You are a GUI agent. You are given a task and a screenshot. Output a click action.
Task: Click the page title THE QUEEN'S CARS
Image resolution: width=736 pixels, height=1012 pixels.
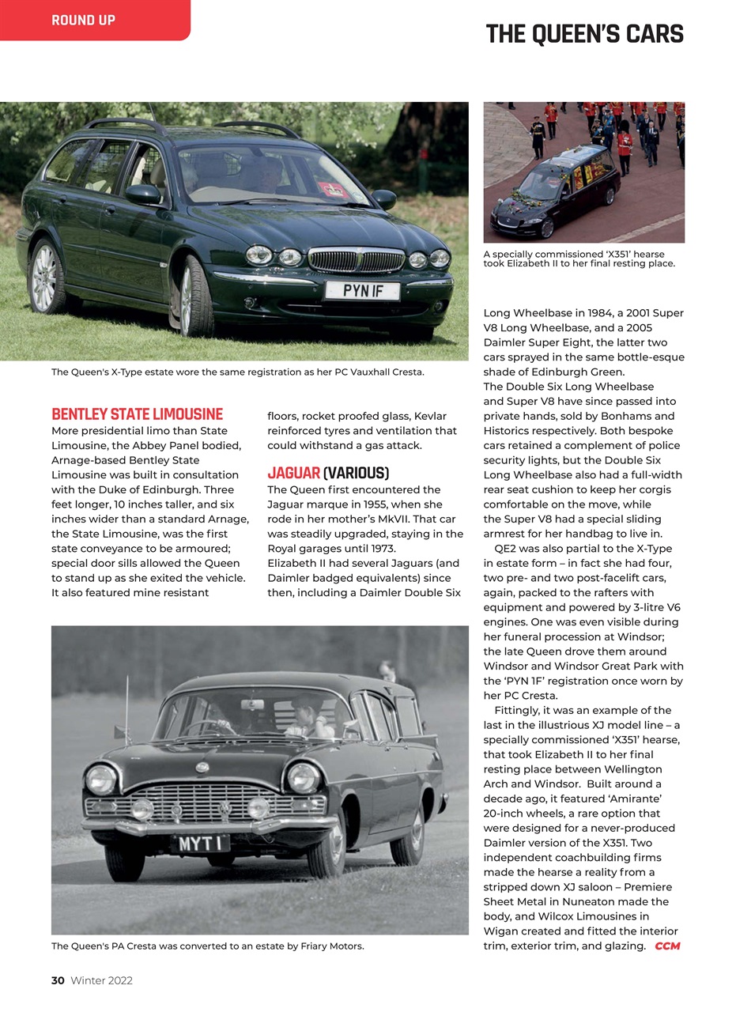pos(584,34)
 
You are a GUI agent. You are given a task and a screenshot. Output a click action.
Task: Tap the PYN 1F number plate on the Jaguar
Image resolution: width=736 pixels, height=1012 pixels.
pos(363,291)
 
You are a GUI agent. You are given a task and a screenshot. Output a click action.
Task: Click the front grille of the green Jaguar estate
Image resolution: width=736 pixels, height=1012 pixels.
pos(356,259)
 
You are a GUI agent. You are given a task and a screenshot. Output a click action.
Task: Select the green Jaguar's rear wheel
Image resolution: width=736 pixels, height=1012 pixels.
pos(46,276)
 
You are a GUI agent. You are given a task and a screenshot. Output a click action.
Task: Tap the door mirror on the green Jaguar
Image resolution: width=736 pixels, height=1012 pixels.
pos(144,194)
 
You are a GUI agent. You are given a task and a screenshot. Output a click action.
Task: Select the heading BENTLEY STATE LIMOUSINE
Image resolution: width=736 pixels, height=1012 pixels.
pos(137,414)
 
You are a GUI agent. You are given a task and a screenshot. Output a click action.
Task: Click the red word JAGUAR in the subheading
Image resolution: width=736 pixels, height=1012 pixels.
pos(293,474)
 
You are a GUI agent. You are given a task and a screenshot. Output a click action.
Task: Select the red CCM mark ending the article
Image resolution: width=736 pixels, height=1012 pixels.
pos(667,946)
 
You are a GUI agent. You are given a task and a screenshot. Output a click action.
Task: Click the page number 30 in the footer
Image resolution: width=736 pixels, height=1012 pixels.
pos(58,980)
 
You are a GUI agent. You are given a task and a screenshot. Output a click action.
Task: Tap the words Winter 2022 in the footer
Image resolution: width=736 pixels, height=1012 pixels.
pos(102,980)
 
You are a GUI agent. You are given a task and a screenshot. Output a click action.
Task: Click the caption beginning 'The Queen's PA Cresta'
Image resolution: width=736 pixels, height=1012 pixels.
pos(208,946)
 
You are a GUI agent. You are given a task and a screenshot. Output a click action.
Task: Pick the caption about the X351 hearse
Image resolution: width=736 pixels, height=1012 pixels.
pos(579,259)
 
